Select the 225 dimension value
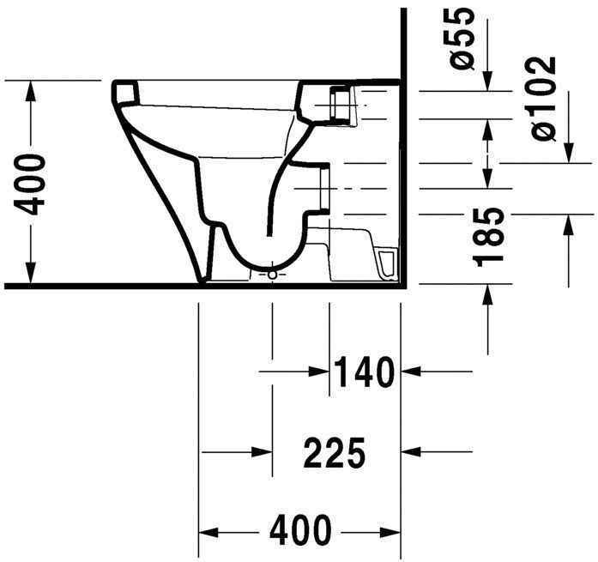335,452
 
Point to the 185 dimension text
490,236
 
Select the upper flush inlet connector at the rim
340,106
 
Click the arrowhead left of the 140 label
322,372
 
